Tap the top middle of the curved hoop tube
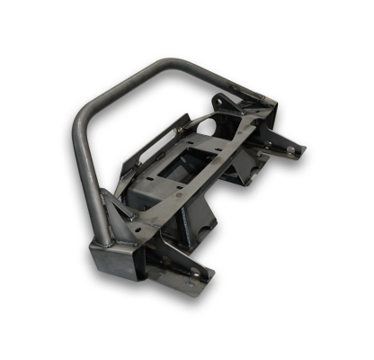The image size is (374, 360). [171, 66]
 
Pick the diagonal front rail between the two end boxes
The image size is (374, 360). [171, 216]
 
